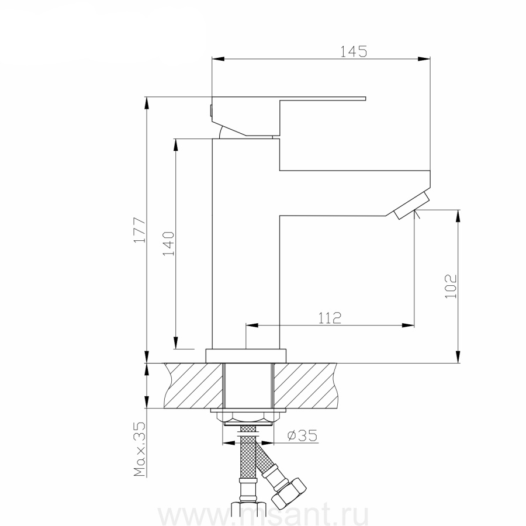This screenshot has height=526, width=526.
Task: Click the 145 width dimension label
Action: coord(354,51)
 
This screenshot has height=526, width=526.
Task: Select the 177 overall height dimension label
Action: coord(140,230)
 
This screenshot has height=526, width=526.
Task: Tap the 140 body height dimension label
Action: coord(169,244)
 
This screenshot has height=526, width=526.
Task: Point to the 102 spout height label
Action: coord(451,286)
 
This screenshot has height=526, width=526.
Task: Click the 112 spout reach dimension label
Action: coord(330,318)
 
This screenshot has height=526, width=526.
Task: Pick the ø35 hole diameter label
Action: coord(302,435)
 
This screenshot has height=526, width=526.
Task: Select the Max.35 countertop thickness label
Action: coord(140,449)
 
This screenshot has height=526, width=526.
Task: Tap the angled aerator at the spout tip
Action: coord(411,205)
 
